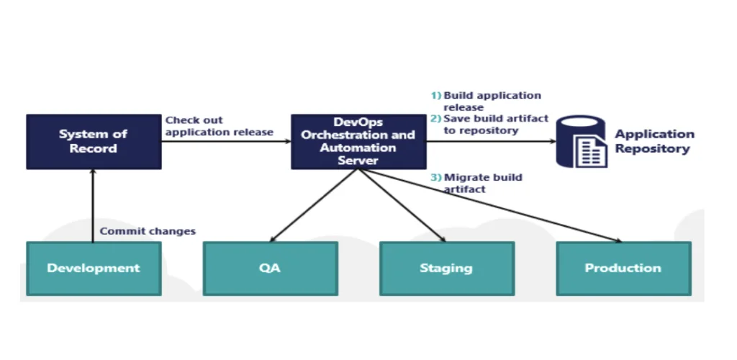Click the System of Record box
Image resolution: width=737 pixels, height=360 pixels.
click(94, 141)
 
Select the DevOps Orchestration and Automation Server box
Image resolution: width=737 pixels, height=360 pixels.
click(358, 141)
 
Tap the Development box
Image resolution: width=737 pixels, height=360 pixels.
click(94, 269)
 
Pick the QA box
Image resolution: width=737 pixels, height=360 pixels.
click(271, 269)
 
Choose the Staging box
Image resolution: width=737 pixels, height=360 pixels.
click(447, 269)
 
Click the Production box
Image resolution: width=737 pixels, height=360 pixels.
click(623, 269)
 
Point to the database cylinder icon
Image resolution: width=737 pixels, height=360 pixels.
click(582, 141)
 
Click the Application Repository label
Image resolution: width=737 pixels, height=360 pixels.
click(655, 141)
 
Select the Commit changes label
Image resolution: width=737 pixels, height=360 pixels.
click(148, 231)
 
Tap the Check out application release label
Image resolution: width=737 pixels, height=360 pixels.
click(219, 127)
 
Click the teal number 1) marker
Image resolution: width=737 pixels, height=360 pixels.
click(436, 96)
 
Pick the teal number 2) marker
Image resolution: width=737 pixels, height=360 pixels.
click(436, 118)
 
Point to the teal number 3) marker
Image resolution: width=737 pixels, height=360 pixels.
click(436, 178)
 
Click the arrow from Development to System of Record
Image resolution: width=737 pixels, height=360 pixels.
click(93, 206)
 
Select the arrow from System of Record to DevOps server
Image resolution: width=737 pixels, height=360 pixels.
click(226, 141)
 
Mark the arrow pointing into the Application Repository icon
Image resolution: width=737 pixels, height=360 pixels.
click(491, 141)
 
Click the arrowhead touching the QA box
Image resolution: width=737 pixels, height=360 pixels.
click(273, 239)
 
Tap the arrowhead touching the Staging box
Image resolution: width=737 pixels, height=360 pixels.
click(443, 239)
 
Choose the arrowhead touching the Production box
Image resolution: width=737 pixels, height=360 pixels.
click(618, 240)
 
